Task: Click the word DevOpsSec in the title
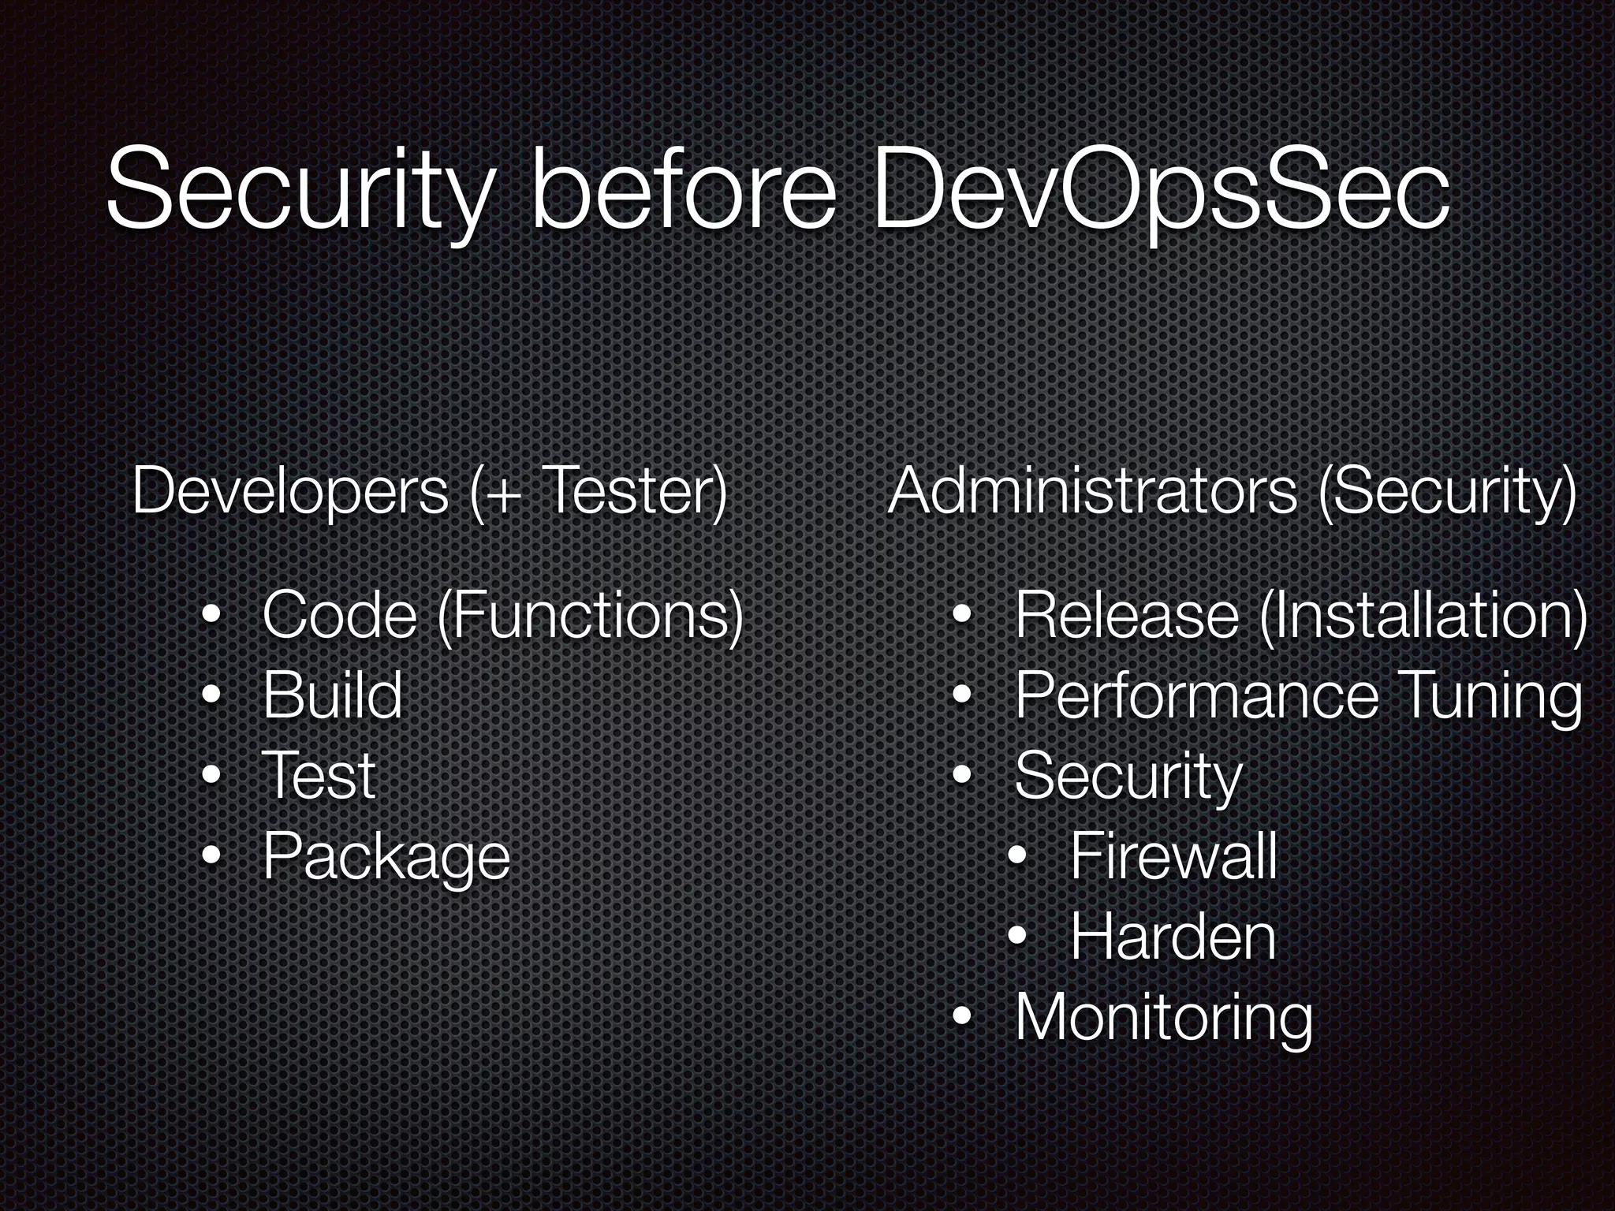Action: tap(1159, 193)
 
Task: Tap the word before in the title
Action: tap(683, 193)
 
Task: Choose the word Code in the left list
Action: tap(339, 616)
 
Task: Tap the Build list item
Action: tap(332, 695)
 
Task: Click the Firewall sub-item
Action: tap(1173, 857)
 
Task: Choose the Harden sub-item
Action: tap(1173, 937)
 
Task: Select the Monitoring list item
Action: tap(1163, 1019)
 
